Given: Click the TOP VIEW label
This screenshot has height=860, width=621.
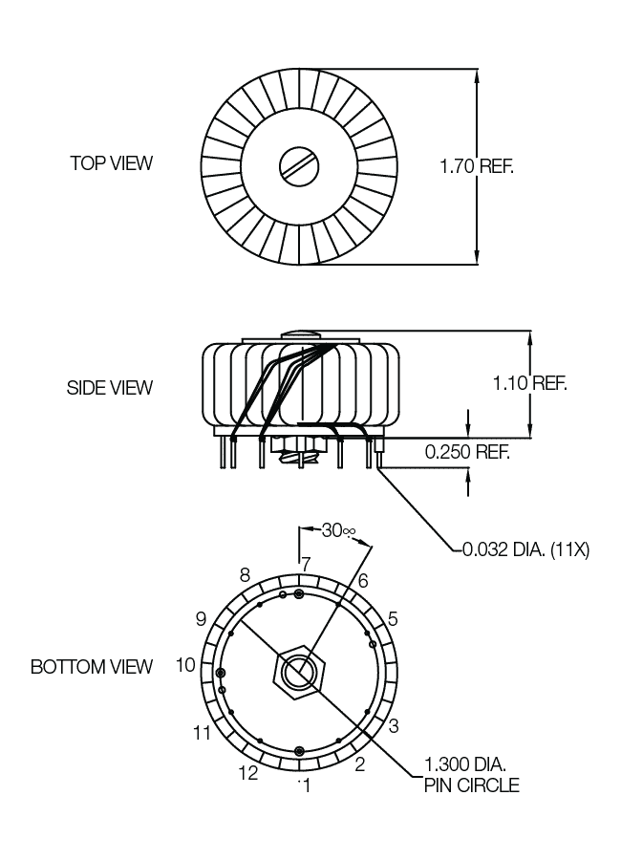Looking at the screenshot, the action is coord(112,162).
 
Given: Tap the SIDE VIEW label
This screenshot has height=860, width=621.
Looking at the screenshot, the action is coord(110,388).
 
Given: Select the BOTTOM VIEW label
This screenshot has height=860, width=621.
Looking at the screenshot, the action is coord(92,666).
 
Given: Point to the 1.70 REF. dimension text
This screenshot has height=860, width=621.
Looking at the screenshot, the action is coord(477,165).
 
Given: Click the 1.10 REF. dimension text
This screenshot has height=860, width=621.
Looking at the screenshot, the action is coord(529,383).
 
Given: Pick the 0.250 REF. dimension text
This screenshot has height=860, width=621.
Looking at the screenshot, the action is coord(467,451).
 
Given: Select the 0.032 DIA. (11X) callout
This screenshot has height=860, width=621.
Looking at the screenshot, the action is coord(525,549).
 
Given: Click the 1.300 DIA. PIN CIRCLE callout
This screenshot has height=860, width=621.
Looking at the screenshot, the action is coord(471,774).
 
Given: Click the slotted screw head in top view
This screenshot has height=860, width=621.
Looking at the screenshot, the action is coord(299,166).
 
